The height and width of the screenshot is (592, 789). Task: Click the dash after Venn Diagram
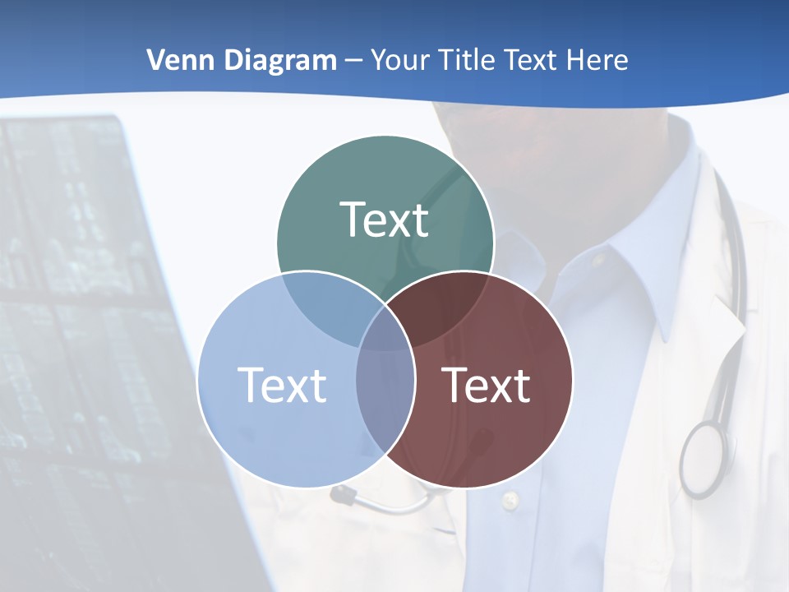[x=353, y=61]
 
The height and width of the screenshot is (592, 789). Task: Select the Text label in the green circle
[x=385, y=220]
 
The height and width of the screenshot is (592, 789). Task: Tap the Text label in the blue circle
[x=282, y=385]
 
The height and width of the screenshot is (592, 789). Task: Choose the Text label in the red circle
[x=487, y=385]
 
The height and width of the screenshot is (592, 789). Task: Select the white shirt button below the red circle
[x=510, y=499]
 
